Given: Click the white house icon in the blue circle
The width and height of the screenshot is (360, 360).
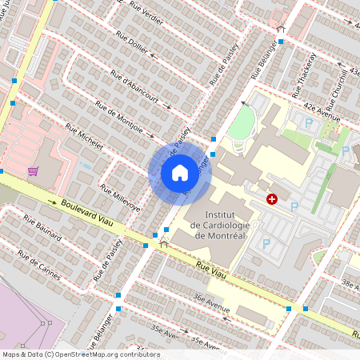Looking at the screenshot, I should point(180,172).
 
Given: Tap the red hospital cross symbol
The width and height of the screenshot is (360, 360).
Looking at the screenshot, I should point(273,198).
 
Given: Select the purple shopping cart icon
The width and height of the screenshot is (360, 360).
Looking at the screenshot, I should point(33,170).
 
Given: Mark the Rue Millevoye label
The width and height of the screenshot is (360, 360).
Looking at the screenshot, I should point(120,198).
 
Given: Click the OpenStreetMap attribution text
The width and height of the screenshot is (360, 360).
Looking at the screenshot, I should point(80,354).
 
